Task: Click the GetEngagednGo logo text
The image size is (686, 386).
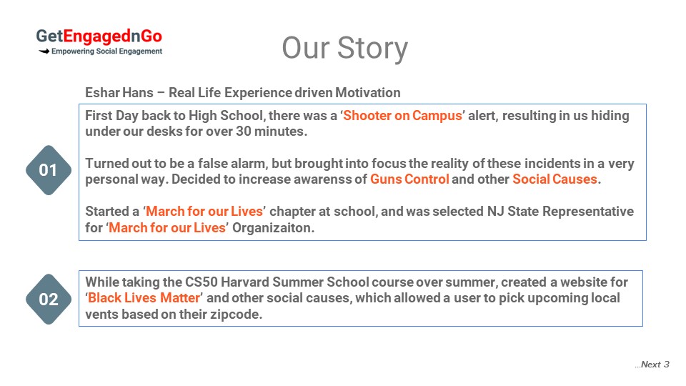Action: click(99, 36)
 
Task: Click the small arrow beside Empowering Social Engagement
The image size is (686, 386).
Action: click(44, 51)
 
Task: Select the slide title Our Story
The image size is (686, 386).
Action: click(344, 48)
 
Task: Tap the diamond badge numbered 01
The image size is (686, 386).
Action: click(49, 170)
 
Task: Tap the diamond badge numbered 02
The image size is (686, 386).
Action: click(49, 300)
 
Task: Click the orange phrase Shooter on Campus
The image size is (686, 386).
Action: click(402, 116)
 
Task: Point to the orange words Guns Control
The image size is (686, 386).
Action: click(409, 179)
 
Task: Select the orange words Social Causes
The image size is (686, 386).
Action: click(555, 179)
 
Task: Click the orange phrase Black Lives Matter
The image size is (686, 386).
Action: click(144, 297)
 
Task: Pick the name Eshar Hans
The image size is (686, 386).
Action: click(119, 93)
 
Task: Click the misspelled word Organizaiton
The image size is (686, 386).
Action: click(273, 228)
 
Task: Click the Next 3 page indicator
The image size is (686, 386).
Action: click(652, 365)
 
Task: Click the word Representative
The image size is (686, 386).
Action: click(588, 212)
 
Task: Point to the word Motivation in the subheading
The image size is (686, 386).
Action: click(367, 93)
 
